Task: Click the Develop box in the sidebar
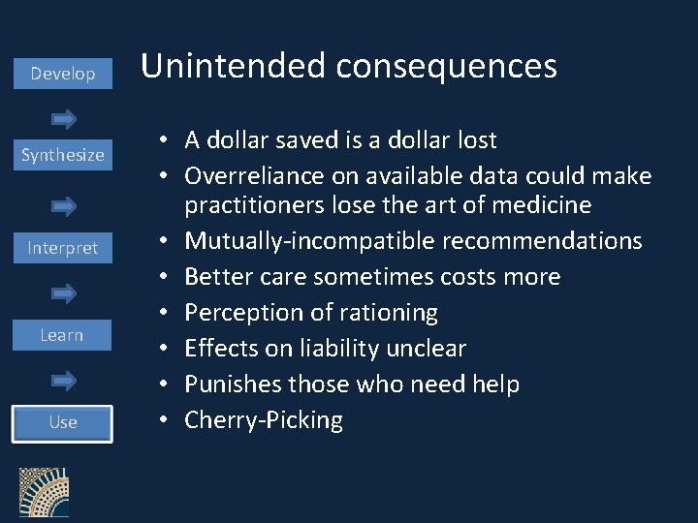tap(63, 74)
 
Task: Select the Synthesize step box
tap(63, 155)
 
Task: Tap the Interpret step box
tap(63, 248)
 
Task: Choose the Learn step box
tap(62, 335)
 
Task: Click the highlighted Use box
tap(63, 422)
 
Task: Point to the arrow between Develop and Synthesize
tap(64, 119)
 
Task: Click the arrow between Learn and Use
tap(64, 381)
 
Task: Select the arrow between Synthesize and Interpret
tap(64, 205)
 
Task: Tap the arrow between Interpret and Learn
tap(64, 292)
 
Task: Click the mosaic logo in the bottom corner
tap(44, 495)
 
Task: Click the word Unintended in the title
tap(233, 66)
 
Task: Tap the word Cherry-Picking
tap(264, 420)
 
